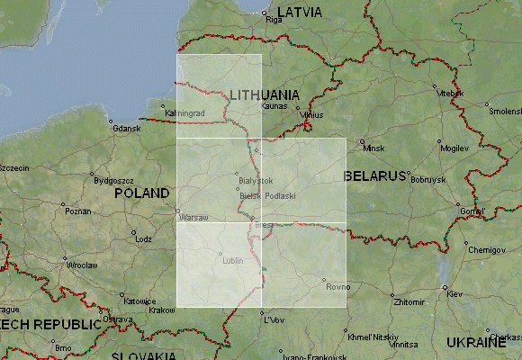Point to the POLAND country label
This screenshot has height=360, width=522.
tap(142, 193)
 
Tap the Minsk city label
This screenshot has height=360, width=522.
tap(373, 147)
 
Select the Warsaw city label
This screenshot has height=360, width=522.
tap(193, 218)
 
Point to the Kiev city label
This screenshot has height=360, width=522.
tap(454, 294)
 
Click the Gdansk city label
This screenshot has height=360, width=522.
tap(127, 129)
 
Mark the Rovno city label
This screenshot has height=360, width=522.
tap(337, 287)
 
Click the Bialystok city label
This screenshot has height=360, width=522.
tap(256, 181)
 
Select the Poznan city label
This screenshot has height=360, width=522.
tap(78, 211)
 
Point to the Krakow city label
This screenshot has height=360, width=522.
tap(162, 310)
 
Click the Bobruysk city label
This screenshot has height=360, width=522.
tap(427, 180)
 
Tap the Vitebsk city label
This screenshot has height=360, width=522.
tap(449, 94)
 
